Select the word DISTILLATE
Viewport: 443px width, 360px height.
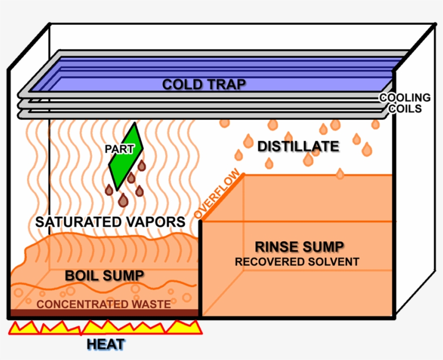coord(298,146)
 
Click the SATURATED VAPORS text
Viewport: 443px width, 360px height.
coord(110,222)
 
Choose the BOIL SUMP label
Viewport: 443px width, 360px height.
coord(104,275)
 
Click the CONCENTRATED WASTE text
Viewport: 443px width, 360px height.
coord(104,304)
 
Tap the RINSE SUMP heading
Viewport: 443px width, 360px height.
coord(299,247)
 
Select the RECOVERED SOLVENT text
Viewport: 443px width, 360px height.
coord(297,262)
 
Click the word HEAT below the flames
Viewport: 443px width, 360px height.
coord(106,344)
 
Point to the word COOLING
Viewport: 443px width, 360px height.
coord(405,98)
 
